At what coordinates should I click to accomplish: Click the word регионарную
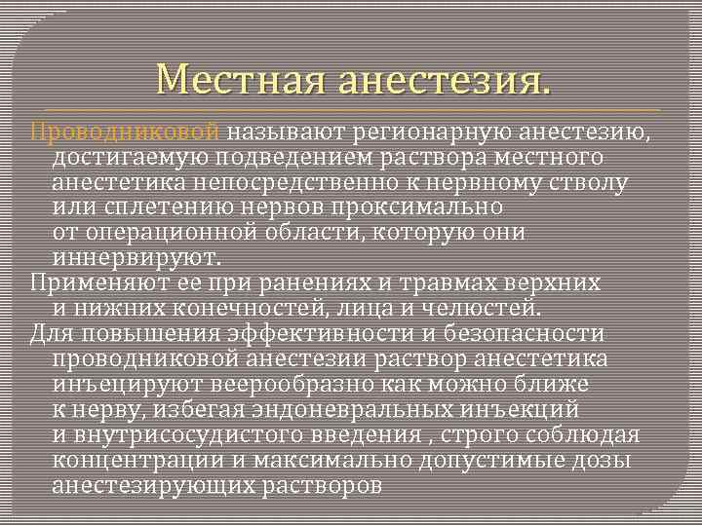click(x=429, y=131)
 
